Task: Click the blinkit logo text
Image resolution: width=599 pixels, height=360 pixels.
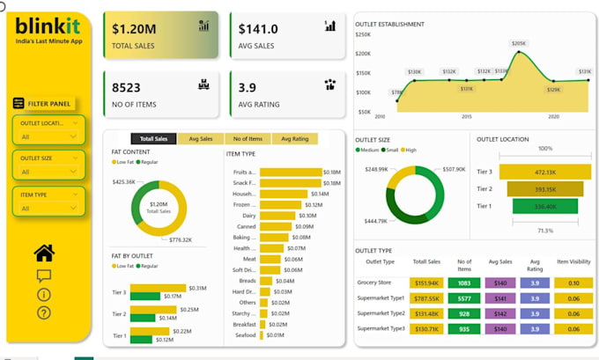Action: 48,27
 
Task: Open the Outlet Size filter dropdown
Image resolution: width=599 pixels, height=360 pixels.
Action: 49,164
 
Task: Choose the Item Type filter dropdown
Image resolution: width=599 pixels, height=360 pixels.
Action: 49,202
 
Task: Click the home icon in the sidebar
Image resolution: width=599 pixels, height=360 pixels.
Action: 44,253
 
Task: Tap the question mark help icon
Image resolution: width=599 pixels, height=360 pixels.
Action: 44,312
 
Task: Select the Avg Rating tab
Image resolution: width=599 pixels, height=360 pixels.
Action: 294,138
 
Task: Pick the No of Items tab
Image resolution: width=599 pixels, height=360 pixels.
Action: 248,138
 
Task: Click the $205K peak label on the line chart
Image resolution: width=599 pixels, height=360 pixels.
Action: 519,43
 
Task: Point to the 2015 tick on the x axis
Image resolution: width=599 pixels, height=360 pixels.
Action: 467,116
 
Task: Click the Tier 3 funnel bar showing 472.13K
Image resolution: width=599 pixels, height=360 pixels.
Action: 545,173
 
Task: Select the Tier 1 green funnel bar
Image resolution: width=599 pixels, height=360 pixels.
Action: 545,206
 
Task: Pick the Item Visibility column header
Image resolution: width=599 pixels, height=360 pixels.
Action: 573,262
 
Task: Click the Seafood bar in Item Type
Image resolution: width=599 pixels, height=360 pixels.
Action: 263,334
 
